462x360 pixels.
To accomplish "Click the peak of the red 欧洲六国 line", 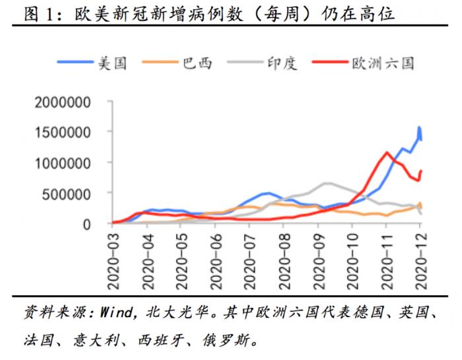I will click(386, 153).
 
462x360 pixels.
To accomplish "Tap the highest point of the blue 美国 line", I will click(418, 127).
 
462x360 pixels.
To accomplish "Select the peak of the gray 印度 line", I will click(327, 182).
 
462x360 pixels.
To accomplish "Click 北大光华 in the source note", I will click(168, 311).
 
